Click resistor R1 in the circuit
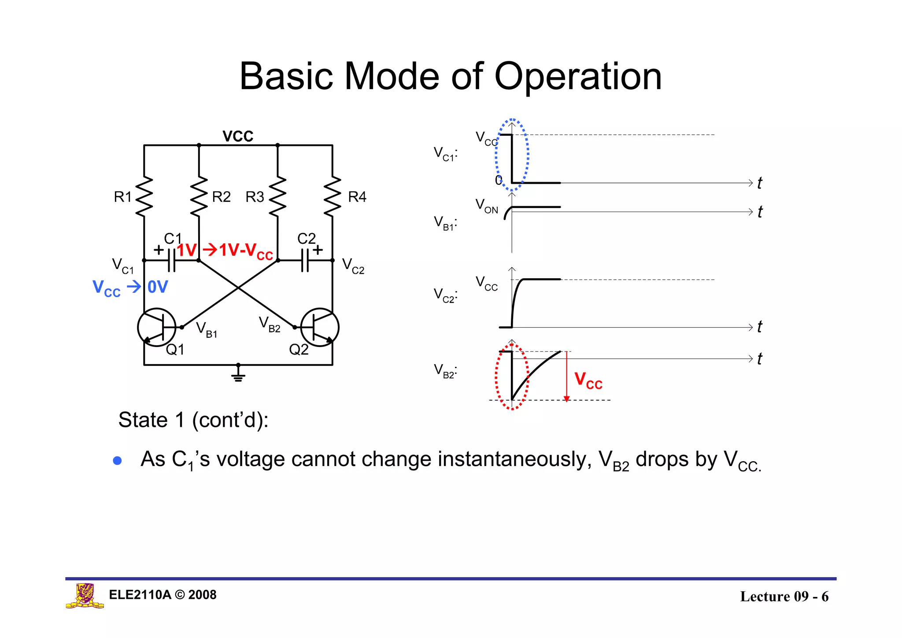tap(144, 197)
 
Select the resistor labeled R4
tap(333, 197)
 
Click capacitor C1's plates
tap(171, 261)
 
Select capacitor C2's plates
tap(304, 261)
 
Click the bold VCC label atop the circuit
tap(238, 136)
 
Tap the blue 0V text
tap(158, 287)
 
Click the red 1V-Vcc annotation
tap(245, 250)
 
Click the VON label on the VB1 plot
tap(486, 206)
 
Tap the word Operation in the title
tap(578, 77)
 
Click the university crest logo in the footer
tap(85, 595)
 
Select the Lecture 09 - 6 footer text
tap(784, 596)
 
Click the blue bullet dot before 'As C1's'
tap(117, 461)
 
